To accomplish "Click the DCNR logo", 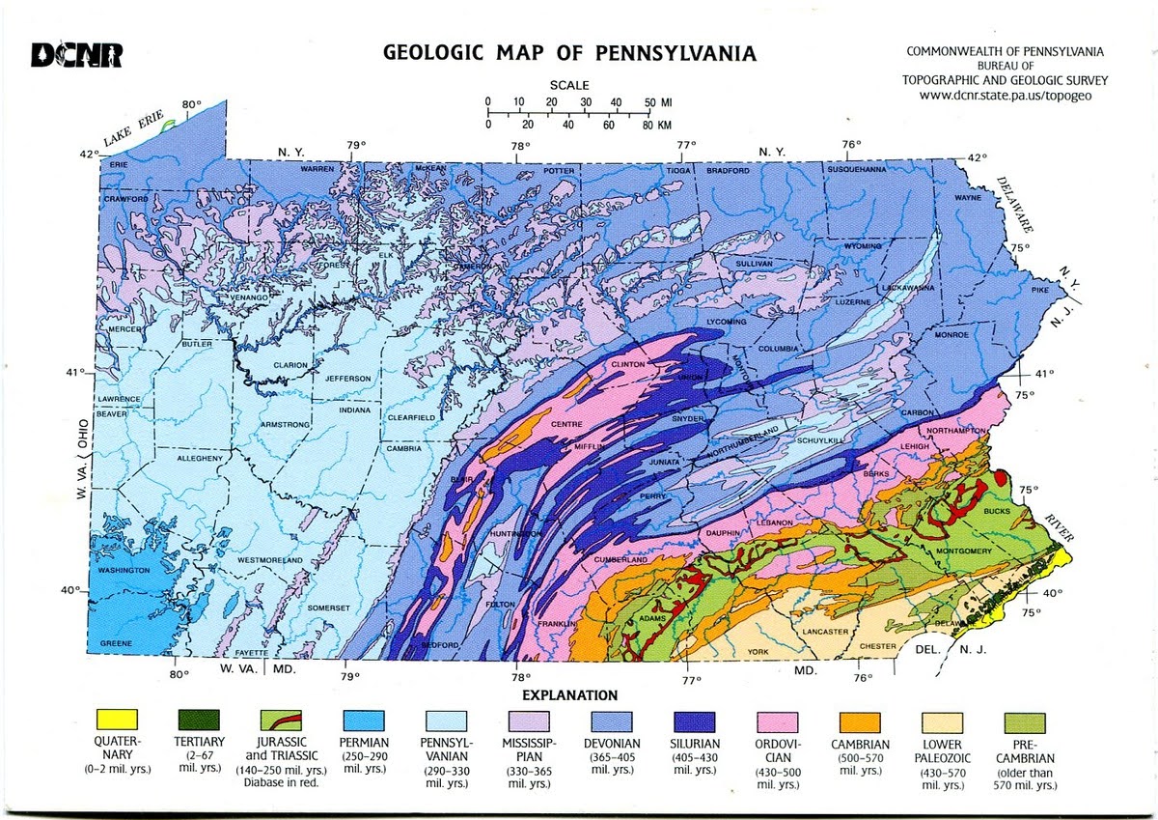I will tap(76, 55).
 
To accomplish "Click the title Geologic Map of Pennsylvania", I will tap(569, 52).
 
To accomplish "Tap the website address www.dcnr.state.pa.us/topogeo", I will tap(1005, 96).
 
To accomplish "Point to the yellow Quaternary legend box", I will tap(117, 721).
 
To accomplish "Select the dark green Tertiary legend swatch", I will tap(199, 721).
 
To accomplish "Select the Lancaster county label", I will tap(824, 632).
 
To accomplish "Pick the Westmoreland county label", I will tap(270, 560).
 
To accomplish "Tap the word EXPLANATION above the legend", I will tap(569, 694).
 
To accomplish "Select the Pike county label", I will tap(1039, 289).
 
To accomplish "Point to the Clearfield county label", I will tap(412, 417).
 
